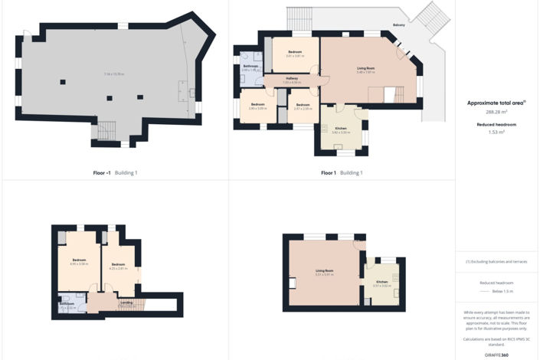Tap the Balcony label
399,24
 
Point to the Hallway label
292,78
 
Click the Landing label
127,303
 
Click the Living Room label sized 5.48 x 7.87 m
365,68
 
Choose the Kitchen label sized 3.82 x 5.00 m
341,128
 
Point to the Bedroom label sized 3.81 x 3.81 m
295,52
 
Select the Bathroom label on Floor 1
251,66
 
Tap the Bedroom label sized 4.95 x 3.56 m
79,260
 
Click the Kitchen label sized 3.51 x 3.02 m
381,282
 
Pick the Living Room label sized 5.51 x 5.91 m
325,270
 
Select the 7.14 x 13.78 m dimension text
113,74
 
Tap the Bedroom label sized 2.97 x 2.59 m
303,104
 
